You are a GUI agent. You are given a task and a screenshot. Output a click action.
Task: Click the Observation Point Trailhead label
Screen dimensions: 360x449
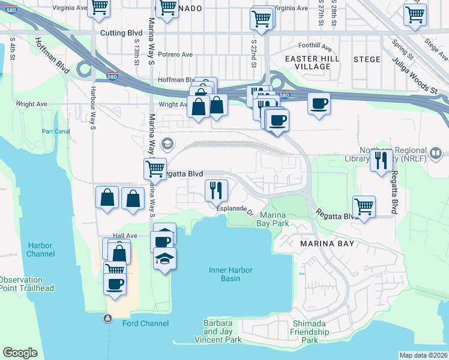pyautogui.click(x=26, y=284)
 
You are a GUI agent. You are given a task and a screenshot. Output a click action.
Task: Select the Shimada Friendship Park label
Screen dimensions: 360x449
pyautogui.click(x=310, y=332)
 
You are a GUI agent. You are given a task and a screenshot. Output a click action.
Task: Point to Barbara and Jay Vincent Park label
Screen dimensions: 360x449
pyautogui.click(x=218, y=331)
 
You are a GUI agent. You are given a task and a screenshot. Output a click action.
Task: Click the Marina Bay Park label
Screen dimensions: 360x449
pyautogui.click(x=273, y=219)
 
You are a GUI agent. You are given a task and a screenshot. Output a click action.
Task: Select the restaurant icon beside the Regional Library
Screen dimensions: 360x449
pyautogui.click(x=381, y=160)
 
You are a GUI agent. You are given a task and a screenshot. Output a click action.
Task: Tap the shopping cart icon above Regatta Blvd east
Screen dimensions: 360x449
pyautogui.click(x=364, y=206)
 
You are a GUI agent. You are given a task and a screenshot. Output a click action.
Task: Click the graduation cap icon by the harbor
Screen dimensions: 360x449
pyautogui.click(x=164, y=259)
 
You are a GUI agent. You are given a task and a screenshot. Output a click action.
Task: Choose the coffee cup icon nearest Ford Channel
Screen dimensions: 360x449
pyautogui.click(x=115, y=283)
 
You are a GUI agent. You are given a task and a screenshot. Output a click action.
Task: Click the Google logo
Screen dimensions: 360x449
pyautogui.click(x=20, y=353)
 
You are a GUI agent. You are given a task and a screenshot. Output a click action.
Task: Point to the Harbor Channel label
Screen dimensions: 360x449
pyautogui.click(x=40, y=250)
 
